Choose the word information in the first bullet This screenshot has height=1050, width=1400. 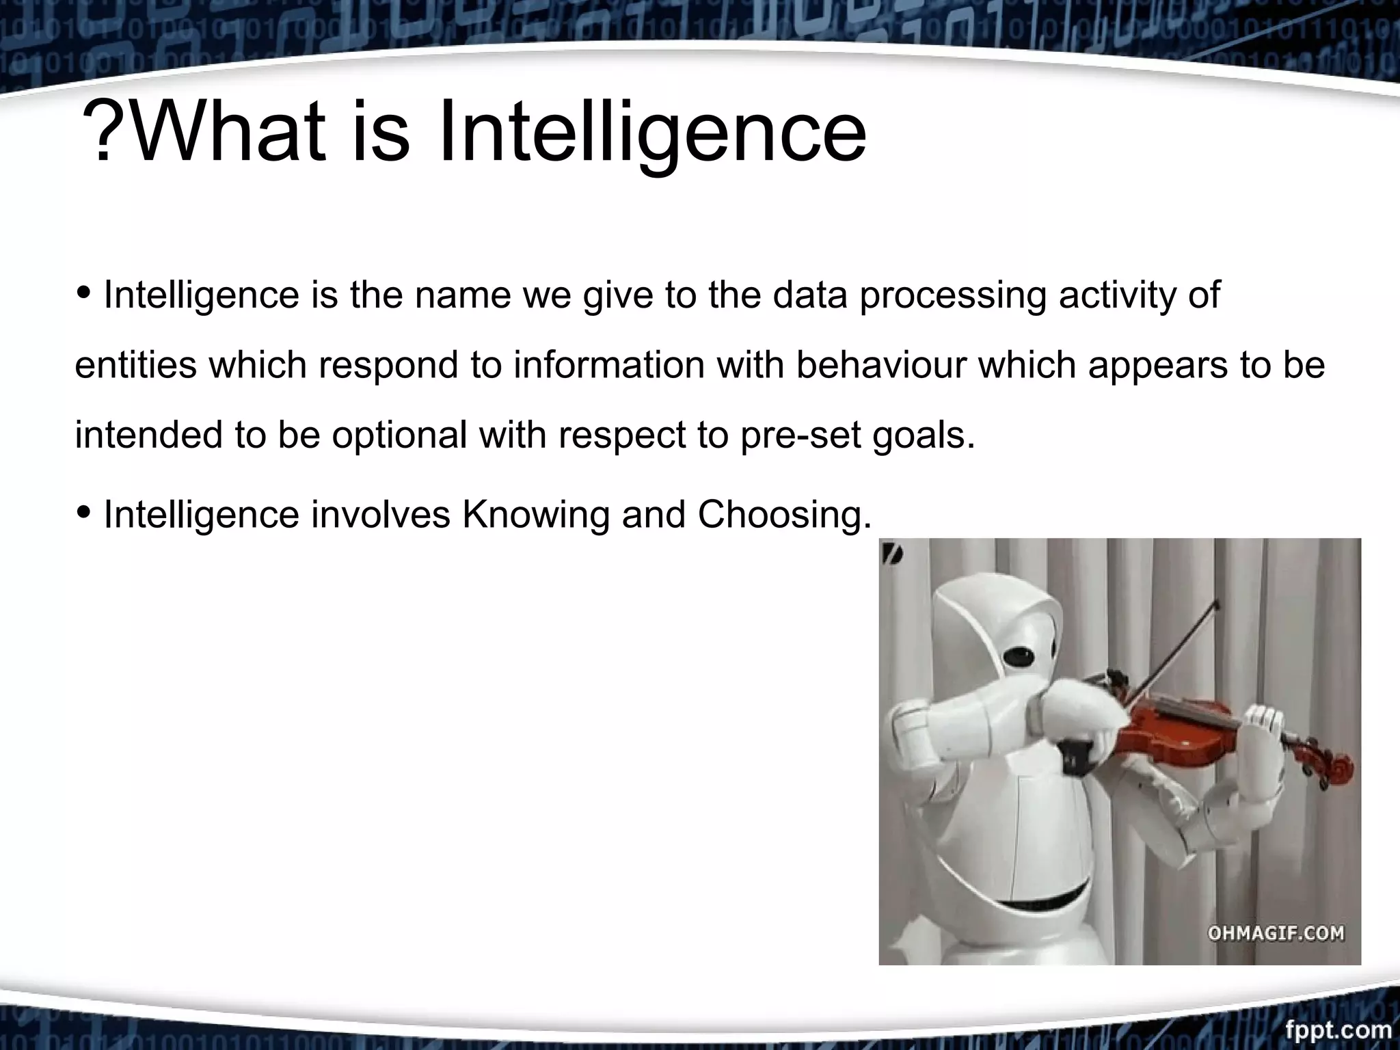[x=608, y=365]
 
